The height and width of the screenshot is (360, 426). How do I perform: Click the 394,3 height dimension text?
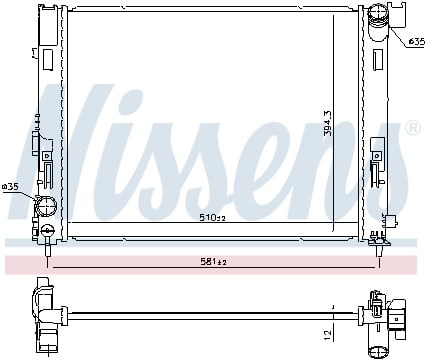click(328, 123)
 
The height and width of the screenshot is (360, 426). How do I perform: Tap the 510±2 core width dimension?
click(212, 218)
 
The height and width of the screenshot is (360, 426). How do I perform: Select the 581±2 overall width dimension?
click(213, 262)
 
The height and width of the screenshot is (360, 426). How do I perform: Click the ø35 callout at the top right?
click(417, 42)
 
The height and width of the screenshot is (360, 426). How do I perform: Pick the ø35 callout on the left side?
click(10, 187)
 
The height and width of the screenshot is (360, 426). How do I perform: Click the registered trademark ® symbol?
click(414, 128)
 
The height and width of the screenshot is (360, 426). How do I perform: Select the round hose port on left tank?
click(46, 206)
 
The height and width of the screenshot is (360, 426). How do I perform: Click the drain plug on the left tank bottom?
click(48, 230)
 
